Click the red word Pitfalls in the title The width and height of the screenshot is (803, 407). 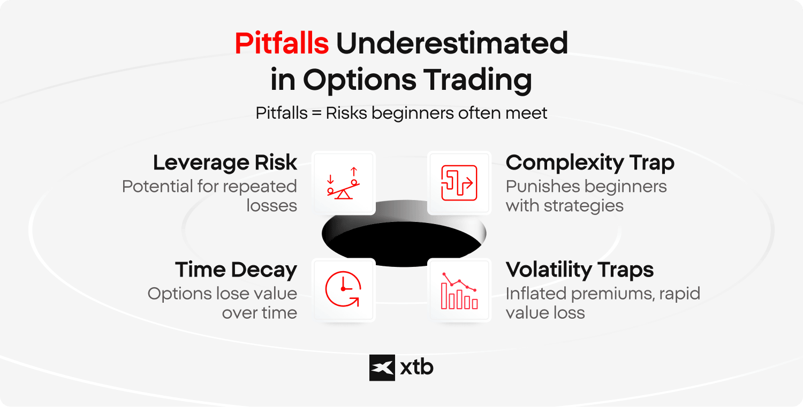(282, 43)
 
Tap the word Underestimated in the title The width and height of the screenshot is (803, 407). (452, 43)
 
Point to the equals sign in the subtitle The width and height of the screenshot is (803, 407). (316, 113)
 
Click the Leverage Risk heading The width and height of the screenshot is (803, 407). (225, 163)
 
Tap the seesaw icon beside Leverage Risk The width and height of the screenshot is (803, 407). (344, 183)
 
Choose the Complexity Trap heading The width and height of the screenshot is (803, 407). (590, 163)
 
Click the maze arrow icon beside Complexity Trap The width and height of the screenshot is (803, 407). (459, 183)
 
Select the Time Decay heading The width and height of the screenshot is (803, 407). (236, 270)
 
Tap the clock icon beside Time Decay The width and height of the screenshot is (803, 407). (343, 289)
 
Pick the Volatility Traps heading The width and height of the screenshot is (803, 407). (580, 270)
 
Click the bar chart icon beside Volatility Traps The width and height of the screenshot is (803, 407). (459, 291)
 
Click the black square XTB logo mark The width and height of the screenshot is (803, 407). (382, 367)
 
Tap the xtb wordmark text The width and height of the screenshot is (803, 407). (416, 367)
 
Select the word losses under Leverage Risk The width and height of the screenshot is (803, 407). (272, 206)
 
